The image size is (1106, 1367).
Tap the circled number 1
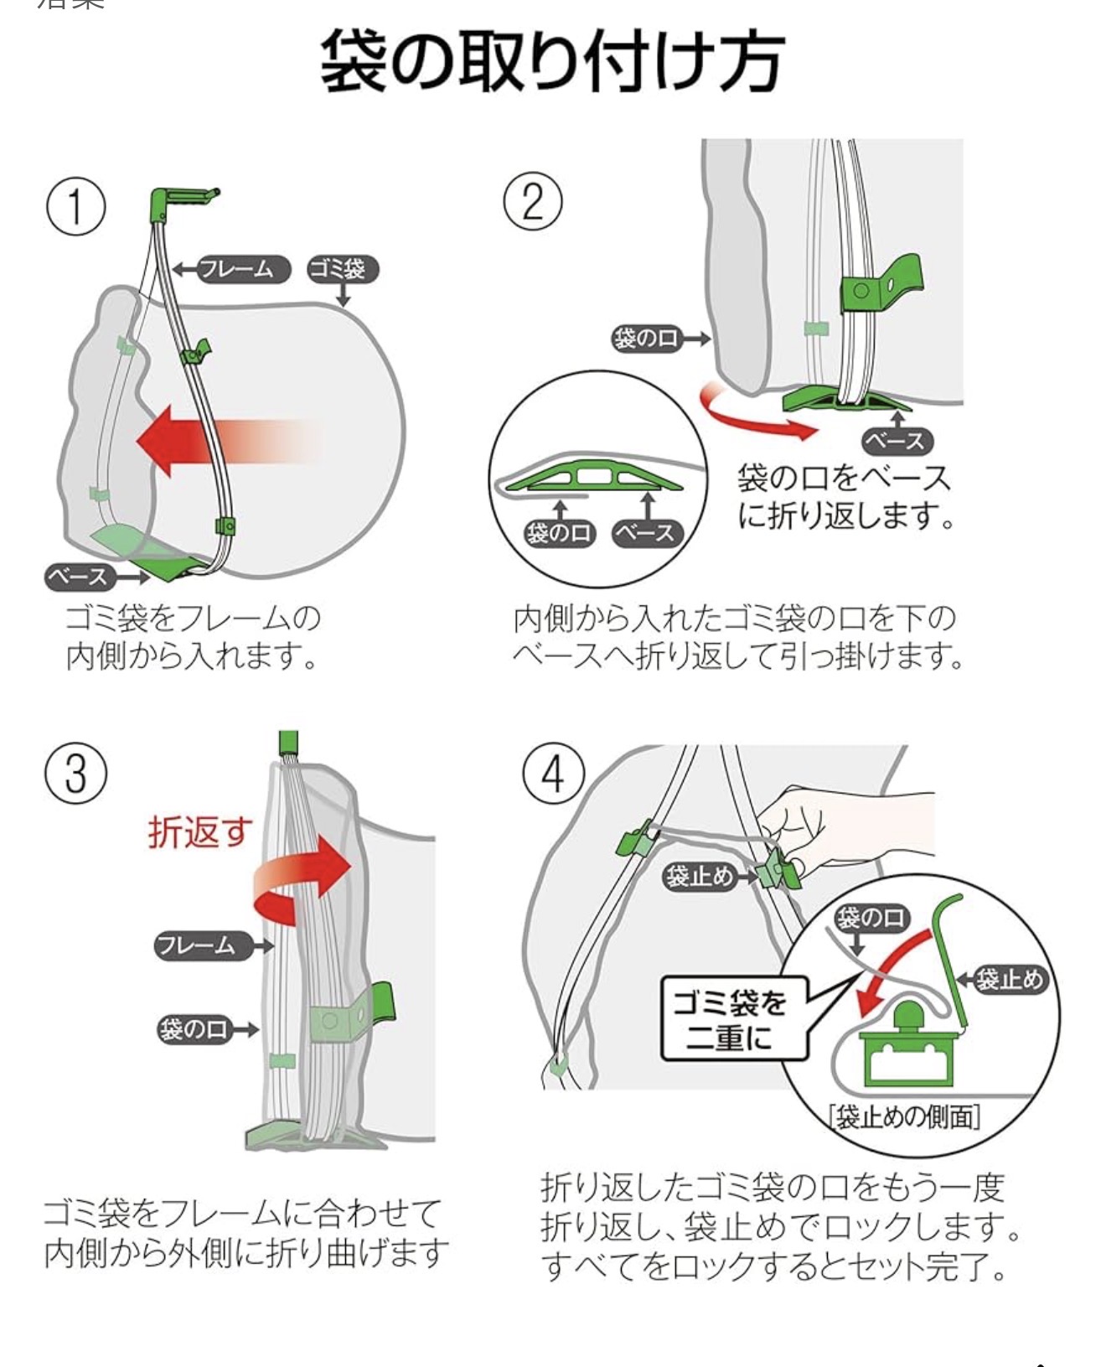[75, 206]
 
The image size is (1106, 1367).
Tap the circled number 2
[532, 201]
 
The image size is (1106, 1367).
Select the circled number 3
[75, 772]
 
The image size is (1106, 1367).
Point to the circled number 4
[553, 774]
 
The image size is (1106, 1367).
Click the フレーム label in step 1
[241, 269]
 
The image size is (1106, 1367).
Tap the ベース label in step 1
[79, 577]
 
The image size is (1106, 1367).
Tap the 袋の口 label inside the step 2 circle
[559, 533]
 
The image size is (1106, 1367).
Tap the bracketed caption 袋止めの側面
[904, 1116]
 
